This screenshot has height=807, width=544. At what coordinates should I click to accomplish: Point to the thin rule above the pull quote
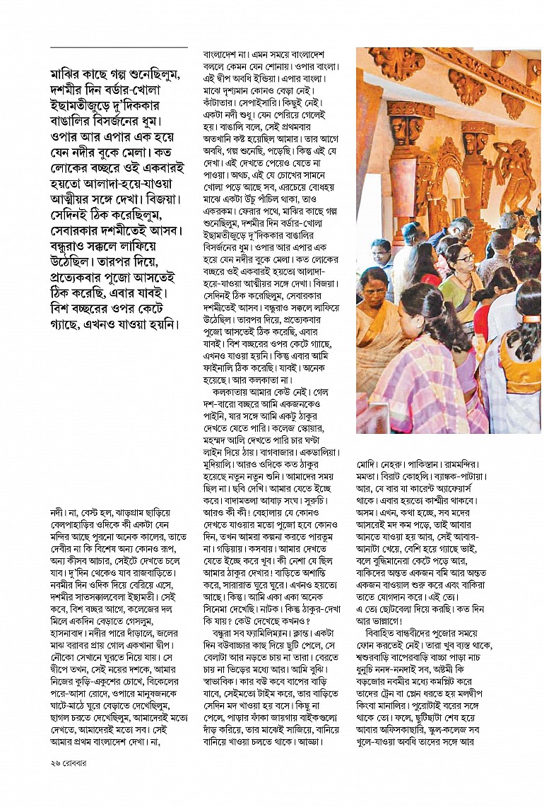(119, 47)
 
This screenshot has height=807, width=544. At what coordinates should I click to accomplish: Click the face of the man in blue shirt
(380, 253)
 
